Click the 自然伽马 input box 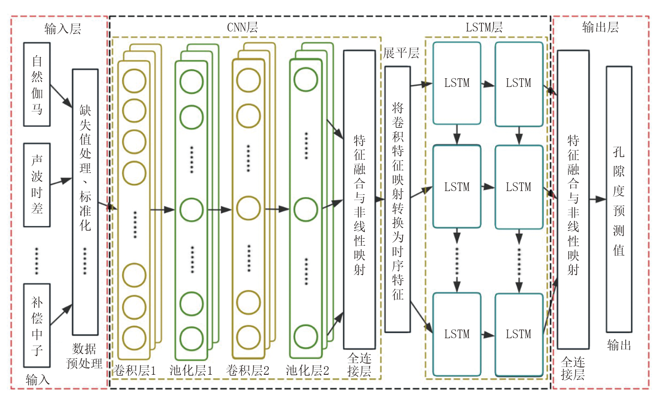pyautogui.click(x=37, y=84)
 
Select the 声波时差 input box pyautogui.click(x=37, y=185)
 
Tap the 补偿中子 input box pyautogui.click(x=37, y=325)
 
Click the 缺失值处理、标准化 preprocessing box pyautogui.click(x=85, y=202)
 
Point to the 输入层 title pyautogui.click(x=63, y=29)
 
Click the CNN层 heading pyautogui.click(x=242, y=28)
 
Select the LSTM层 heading pyautogui.click(x=484, y=28)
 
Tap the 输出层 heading pyautogui.click(x=600, y=28)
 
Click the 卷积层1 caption pyautogui.click(x=134, y=370)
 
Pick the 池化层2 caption pyautogui.click(x=307, y=370)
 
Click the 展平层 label pyautogui.click(x=401, y=53)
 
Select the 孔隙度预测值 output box pyautogui.click(x=619, y=199)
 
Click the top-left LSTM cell pyautogui.click(x=457, y=83)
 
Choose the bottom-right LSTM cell pyautogui.click(x=519, y=334)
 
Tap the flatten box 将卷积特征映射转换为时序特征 pyautogui.click(x=397, y=199)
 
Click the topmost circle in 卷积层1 pyautogui.click(x=134, y=80)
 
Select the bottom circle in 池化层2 pyautogui.click(x=306, y=336)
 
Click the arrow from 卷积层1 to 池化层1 pyautogui.click(x=162, y=210)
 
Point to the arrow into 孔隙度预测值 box pyautogui.click(x=598, y=199)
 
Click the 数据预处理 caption pyautogui.click(x=84, y=356)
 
